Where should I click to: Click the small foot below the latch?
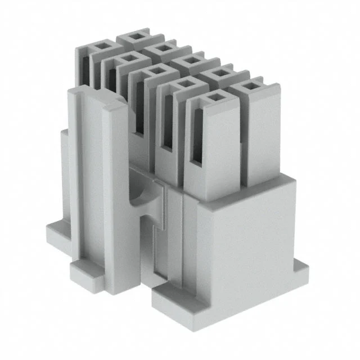point(87,273)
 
